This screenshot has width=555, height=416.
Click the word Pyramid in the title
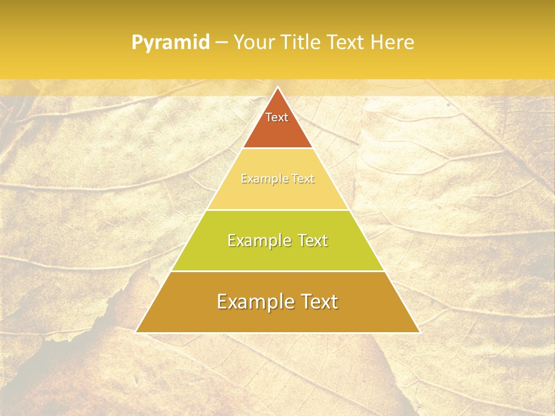(x=170, y=43)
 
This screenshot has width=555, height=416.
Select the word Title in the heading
(x=300, y=43)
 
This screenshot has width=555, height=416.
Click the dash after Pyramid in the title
(x=221, y=43)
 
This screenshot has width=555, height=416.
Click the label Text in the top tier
(x=277, y=117)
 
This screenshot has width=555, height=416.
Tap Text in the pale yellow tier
(x=304, y=179)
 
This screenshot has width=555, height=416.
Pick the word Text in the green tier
(x=313, y=240)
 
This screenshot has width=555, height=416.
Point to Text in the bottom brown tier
(x=318, y=302)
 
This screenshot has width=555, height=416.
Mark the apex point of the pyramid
(x=277, y=87)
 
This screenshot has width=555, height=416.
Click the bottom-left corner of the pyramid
(x=136, y=332)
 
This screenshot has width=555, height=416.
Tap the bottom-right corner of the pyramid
(x=419, y=332)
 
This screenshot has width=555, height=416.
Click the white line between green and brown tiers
(x=277, y=271)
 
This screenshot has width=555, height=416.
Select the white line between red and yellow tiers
(x=277, y=148)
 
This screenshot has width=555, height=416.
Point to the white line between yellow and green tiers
(x=277, y=210)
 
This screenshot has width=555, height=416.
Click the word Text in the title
(x=347, y=43)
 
